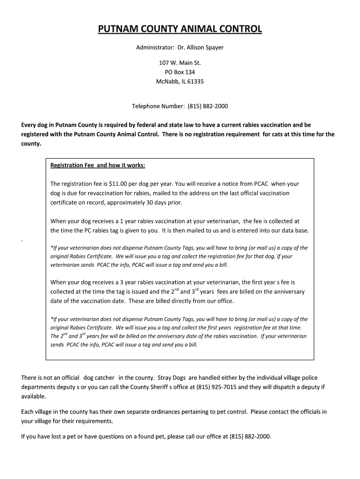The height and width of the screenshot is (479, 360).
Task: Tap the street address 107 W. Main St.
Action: tap(180, 63)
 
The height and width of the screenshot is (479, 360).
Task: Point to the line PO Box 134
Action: tap(180, 72)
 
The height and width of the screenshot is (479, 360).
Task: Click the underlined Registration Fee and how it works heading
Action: tap(98, 166)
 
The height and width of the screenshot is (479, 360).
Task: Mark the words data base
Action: tap(296, 230)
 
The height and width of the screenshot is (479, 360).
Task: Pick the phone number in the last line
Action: tap(250, 436)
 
